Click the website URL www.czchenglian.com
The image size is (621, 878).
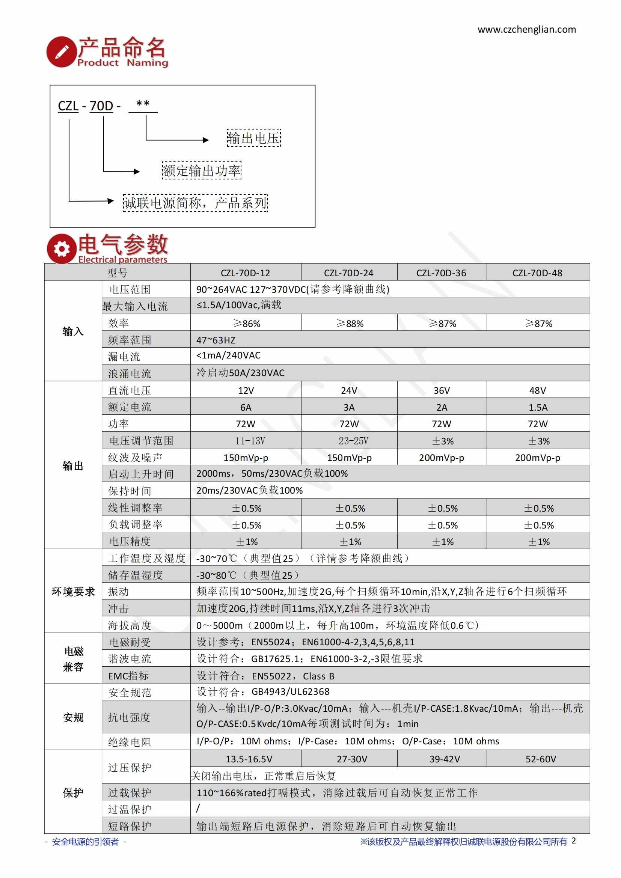pyautogui.click(x=526, y=29)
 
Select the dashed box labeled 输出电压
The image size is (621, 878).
pyautogui.click(x=254, y=138)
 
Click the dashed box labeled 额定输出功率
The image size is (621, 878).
pyautogui.click(x=202, y=170)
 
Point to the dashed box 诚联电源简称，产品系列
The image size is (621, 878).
pyautogui.click(x=195, y=203)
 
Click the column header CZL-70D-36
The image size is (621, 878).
pyautogui.click(x=441, y=273)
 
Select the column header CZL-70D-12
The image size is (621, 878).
pyautogui.click(x=246, y=273)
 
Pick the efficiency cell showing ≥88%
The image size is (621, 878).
pyautogui.click(x=350, y=324)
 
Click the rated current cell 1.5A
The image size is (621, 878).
pyautogui.click(x=538, y=407)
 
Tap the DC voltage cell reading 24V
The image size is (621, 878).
pyautogui.click(x=349, y=390)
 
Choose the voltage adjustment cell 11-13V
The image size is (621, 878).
pyautogui.click(x=250, y=441)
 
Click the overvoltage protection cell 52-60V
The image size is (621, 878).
pyautogui.click(x=541, y=759)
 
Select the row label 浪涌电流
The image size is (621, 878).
pyautogui.click(x=130, y=373)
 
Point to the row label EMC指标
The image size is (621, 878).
pyautogui.click(x=128, y=676)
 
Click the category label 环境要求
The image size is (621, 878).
pyautogui.click(x=73, y=592)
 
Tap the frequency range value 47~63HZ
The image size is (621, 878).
pyautogui.click(x=216, y=340)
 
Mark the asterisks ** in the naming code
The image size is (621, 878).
pyautogui.click(x=143, y=104)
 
